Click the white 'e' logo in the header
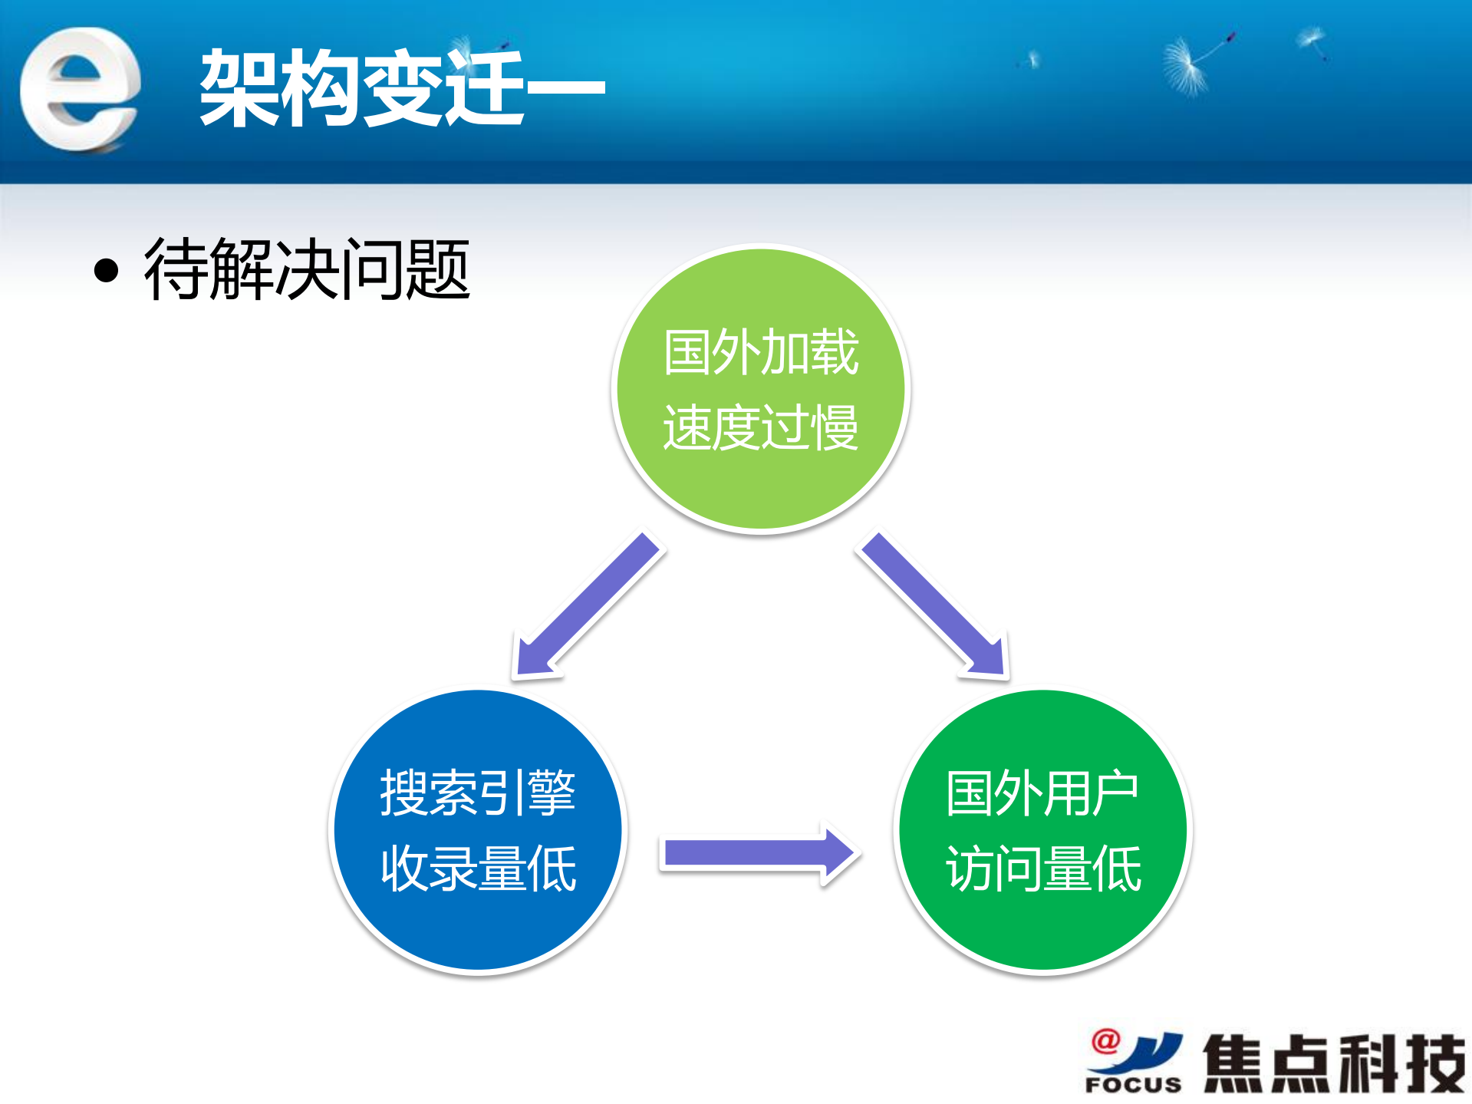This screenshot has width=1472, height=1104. coord(80,88)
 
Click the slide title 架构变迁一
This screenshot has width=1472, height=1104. coord(401,87)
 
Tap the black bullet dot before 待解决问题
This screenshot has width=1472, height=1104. coord(107,270)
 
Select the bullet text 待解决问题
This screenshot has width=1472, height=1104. coord(307,269)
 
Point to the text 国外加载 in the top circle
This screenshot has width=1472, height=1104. coord(760,352)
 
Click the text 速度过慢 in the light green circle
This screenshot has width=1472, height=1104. coord(760,427)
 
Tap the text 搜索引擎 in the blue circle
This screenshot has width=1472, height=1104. coord(477,793)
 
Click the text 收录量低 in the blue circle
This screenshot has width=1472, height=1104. coord(477,868)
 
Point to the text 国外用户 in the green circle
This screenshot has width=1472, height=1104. coord(1042,793)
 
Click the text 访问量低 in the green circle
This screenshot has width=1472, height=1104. coord(1042,868)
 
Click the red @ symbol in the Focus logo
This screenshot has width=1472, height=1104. coord(1105,1041)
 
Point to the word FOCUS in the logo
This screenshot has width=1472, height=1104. coord(1132,1085)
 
